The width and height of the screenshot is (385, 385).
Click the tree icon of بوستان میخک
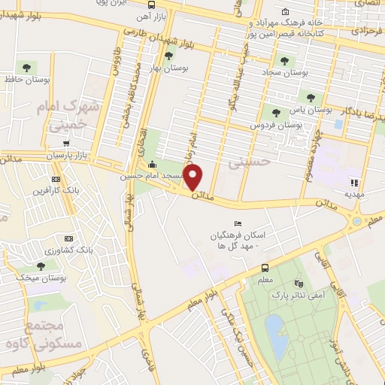41,266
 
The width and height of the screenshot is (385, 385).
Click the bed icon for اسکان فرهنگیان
238,223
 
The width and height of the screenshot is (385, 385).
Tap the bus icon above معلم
265,268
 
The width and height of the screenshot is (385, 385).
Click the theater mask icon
299,283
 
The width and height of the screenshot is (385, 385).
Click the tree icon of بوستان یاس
310,97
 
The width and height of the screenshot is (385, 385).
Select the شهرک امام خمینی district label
68,117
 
